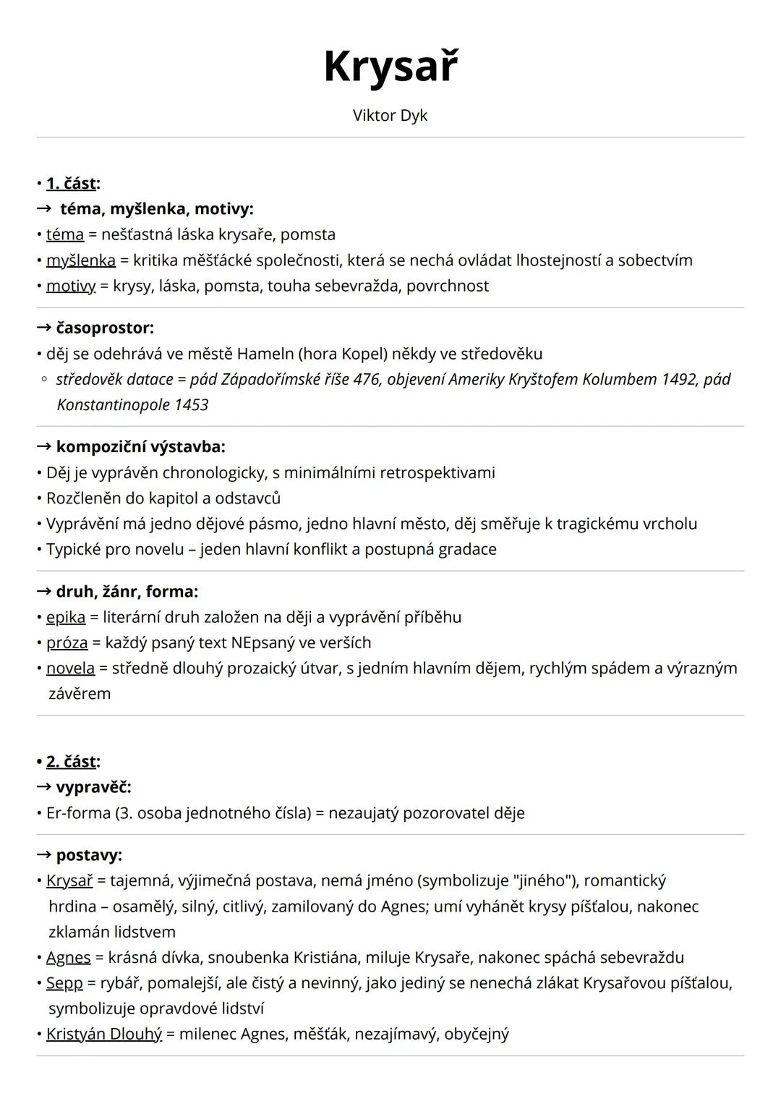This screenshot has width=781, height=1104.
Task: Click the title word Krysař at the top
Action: (390, 67)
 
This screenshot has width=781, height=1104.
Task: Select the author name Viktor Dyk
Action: (390, 116)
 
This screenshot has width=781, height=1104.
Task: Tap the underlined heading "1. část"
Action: (71, 183)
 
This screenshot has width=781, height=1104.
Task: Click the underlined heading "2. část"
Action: (71, 761)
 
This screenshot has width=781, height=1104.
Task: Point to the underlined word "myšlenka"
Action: (81, 260)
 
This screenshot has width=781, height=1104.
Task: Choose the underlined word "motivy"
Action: (71, 286)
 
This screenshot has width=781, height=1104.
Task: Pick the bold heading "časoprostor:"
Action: (105, 328)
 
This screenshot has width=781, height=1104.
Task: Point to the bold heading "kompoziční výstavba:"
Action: (140, 447)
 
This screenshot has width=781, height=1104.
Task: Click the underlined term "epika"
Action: (66, 617)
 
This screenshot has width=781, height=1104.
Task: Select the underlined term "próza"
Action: (67, 642)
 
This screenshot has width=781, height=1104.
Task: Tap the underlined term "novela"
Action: (70, 668)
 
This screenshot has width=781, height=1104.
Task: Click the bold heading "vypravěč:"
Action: (93, 786)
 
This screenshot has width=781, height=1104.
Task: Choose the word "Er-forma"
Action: (78, 812)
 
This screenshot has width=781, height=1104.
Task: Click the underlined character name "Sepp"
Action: (64, 982)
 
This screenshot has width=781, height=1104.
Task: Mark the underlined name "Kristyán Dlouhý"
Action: (104, 1034)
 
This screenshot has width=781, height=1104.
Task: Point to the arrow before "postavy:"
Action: (44, 855)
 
